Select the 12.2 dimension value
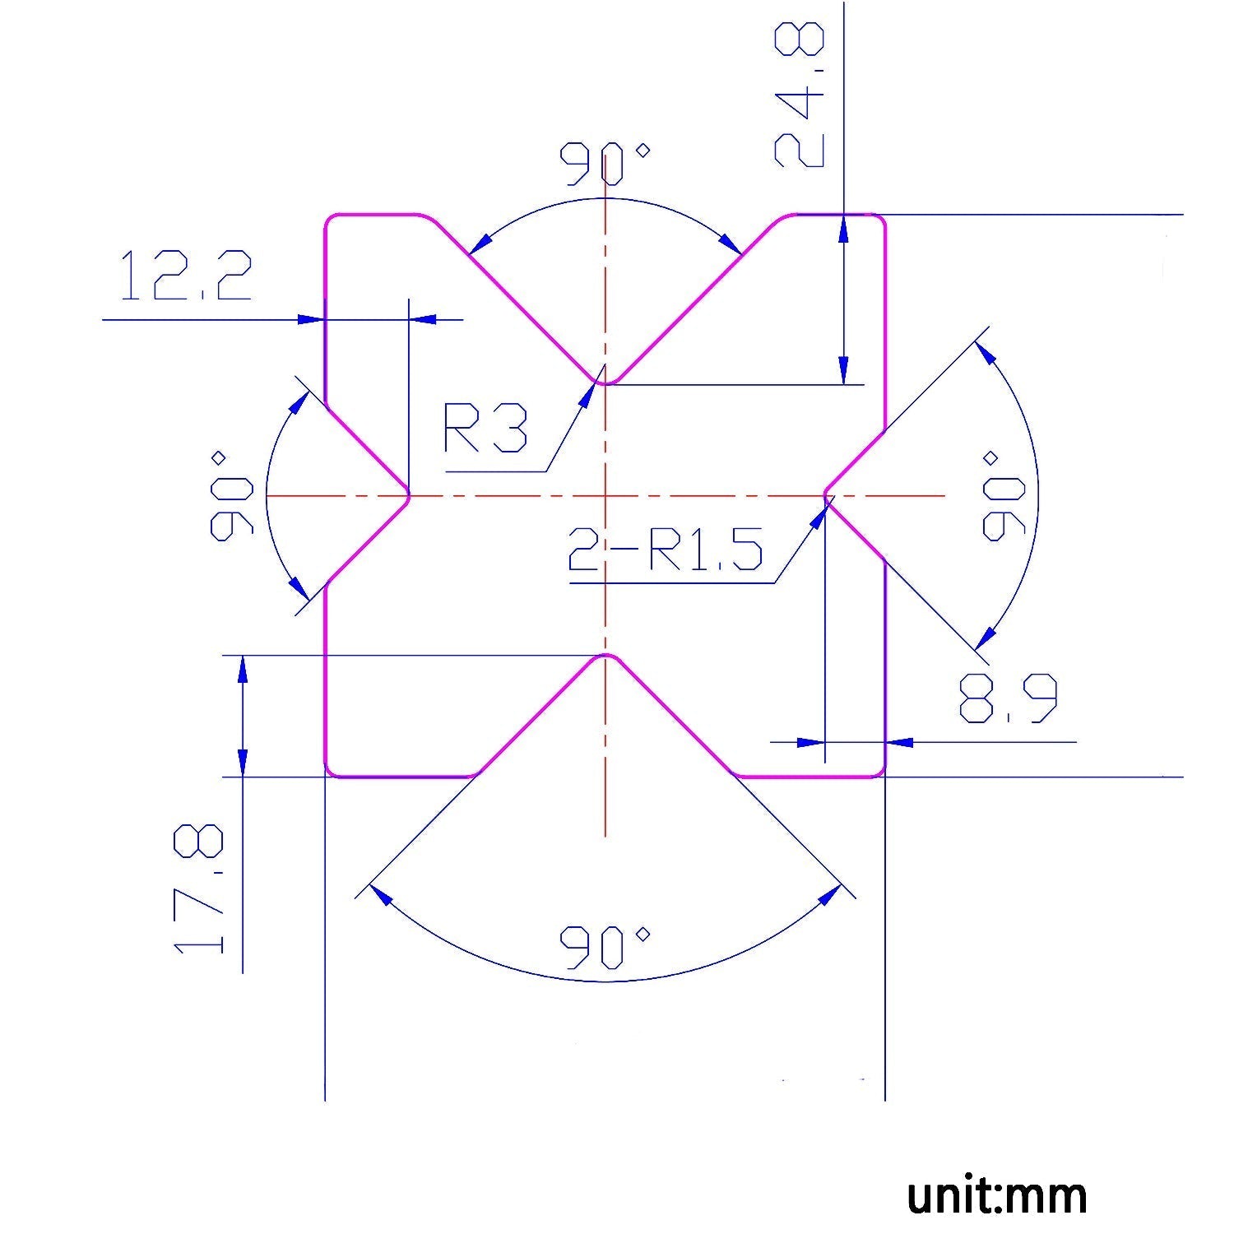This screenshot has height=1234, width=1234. [x=185, y=276]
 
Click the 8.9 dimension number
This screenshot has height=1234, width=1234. [x=1008, y=698]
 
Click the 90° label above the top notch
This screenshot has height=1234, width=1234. [x=605, y=164]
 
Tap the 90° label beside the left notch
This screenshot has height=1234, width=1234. [x=231, y=495]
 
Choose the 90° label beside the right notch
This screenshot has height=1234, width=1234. [x=1003, y=495]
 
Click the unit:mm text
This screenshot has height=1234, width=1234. [x=996, y=1195]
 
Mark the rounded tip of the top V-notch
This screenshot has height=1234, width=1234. [x=605, y=382]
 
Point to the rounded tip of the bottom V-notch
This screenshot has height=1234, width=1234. [x=605, y=656]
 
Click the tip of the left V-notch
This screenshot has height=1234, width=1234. [x=408, y=496]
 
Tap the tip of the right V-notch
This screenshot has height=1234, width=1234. [x=826, y=496]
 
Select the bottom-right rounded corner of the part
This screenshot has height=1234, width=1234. [x=881, y=772]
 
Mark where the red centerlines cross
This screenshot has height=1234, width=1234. [x=605, y=496]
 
